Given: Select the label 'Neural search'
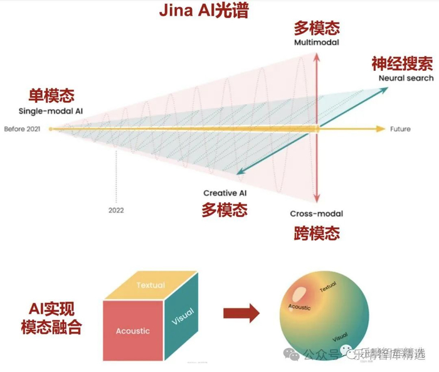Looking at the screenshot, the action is point(406,78).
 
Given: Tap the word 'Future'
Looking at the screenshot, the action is point(400,129).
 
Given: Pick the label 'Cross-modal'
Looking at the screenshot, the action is point(316,214).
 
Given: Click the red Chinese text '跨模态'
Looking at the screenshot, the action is point(316,233).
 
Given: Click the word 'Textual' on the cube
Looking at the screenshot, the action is point(150,285).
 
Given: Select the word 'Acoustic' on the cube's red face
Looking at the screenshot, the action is point(133,331).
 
